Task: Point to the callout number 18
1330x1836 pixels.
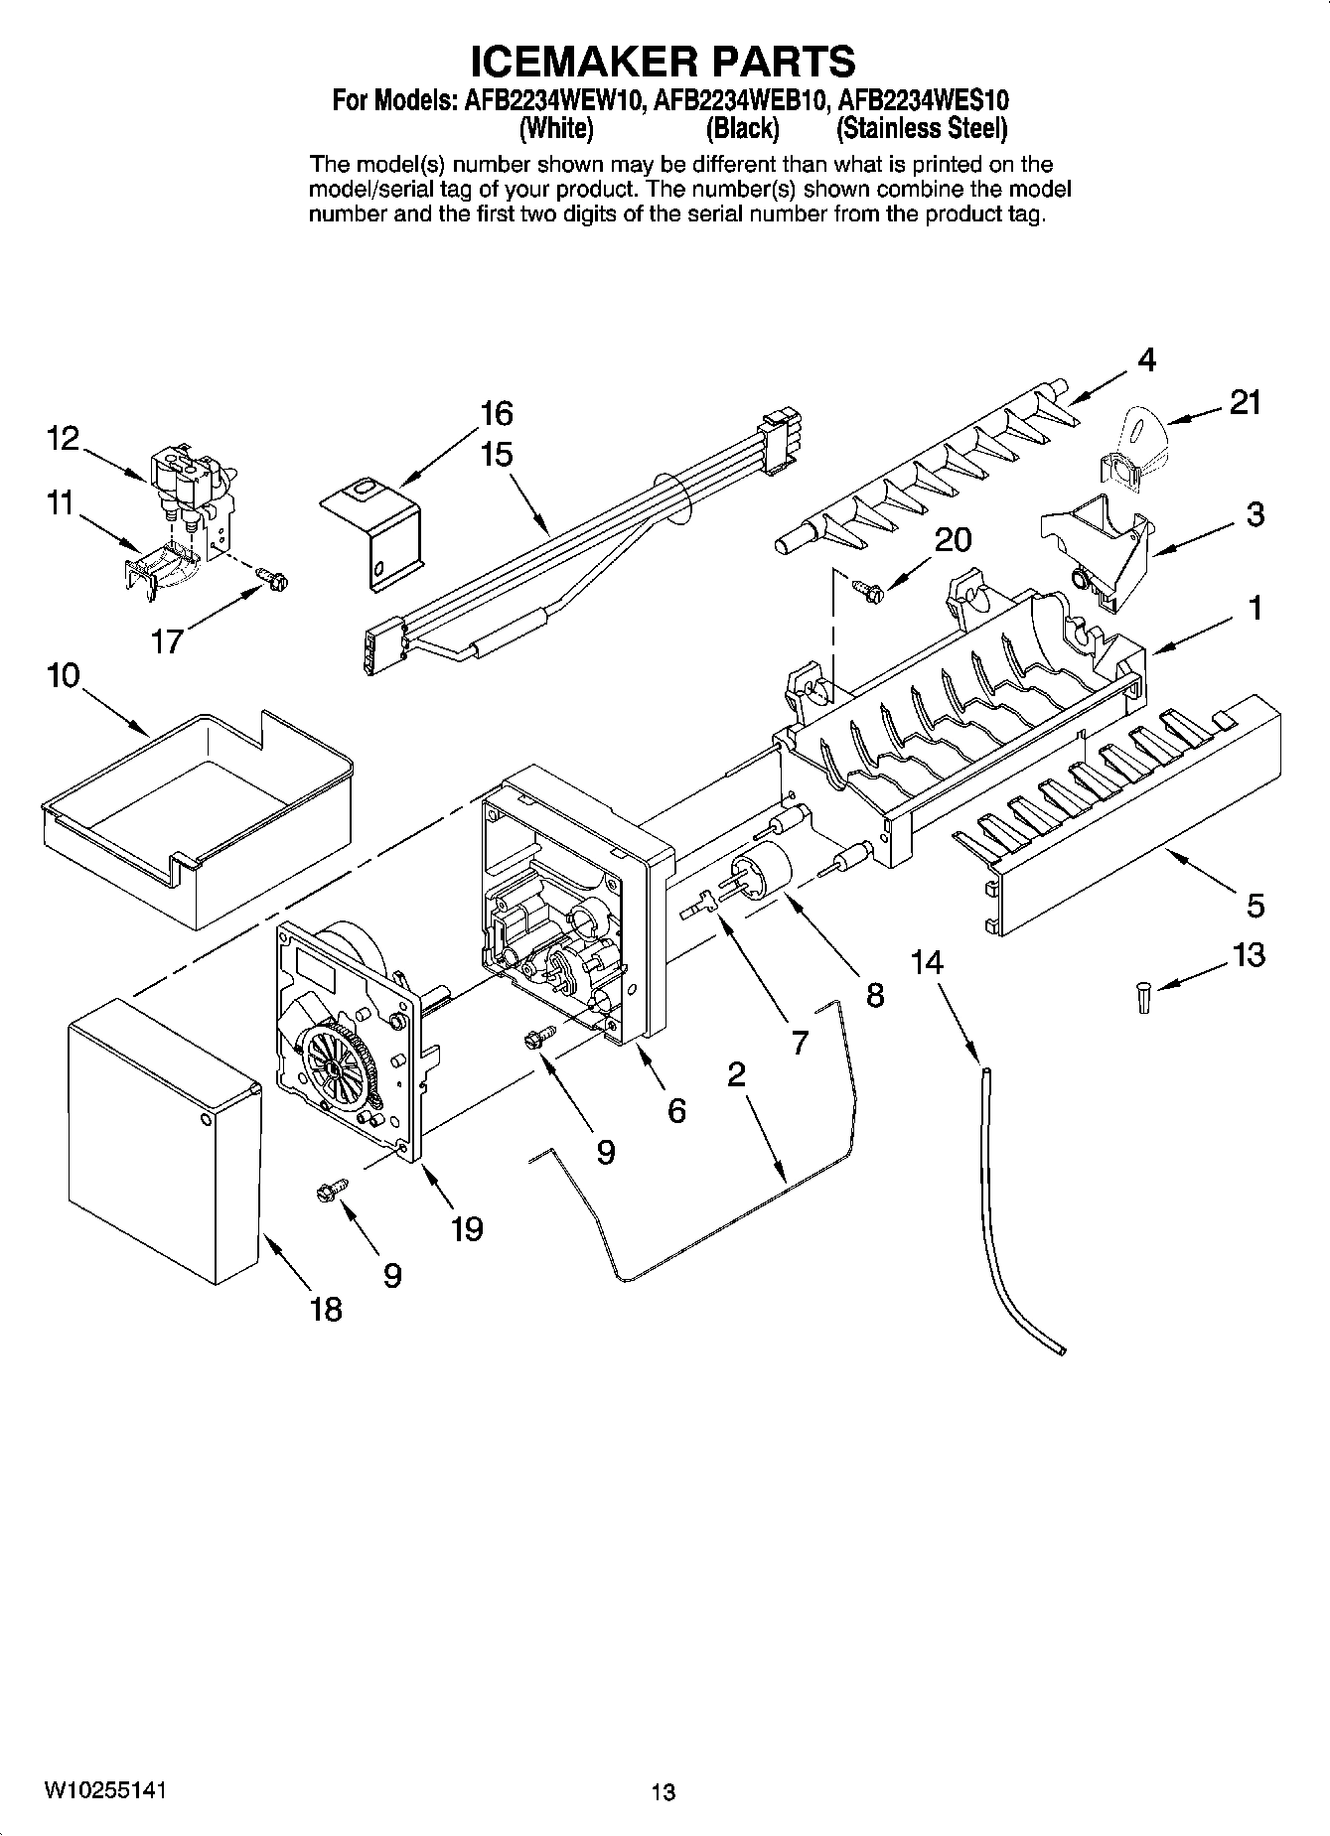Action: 326,1309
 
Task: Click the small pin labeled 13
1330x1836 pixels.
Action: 1142,996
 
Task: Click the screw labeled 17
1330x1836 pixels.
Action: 269,575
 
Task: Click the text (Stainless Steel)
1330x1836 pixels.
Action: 922,129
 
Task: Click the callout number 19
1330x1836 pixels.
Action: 466,1229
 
